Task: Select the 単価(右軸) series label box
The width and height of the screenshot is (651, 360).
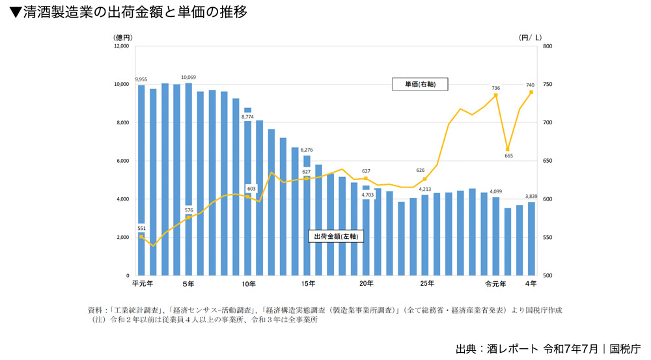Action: click(420, 84)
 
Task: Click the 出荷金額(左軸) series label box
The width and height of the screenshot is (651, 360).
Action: click(335, 236)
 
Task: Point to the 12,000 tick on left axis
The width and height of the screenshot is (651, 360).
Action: click(122, 46)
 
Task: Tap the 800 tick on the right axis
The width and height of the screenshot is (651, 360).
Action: click(547, 46)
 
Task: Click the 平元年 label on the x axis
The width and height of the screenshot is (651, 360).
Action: click(142, 284)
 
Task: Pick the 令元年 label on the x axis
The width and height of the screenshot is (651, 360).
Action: click(495, 284)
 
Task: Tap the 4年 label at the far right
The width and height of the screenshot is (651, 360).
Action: click(531, 284)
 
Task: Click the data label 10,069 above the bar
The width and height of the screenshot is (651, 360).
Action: click(189, 77)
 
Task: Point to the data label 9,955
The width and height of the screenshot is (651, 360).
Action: click(141, 79)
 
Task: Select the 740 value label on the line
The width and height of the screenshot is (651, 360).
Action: click(531, 85)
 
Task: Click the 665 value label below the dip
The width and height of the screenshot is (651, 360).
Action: click(508, 156)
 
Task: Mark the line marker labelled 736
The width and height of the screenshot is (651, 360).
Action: click(496, 95)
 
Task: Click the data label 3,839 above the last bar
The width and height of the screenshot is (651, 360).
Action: click(531, 196)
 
